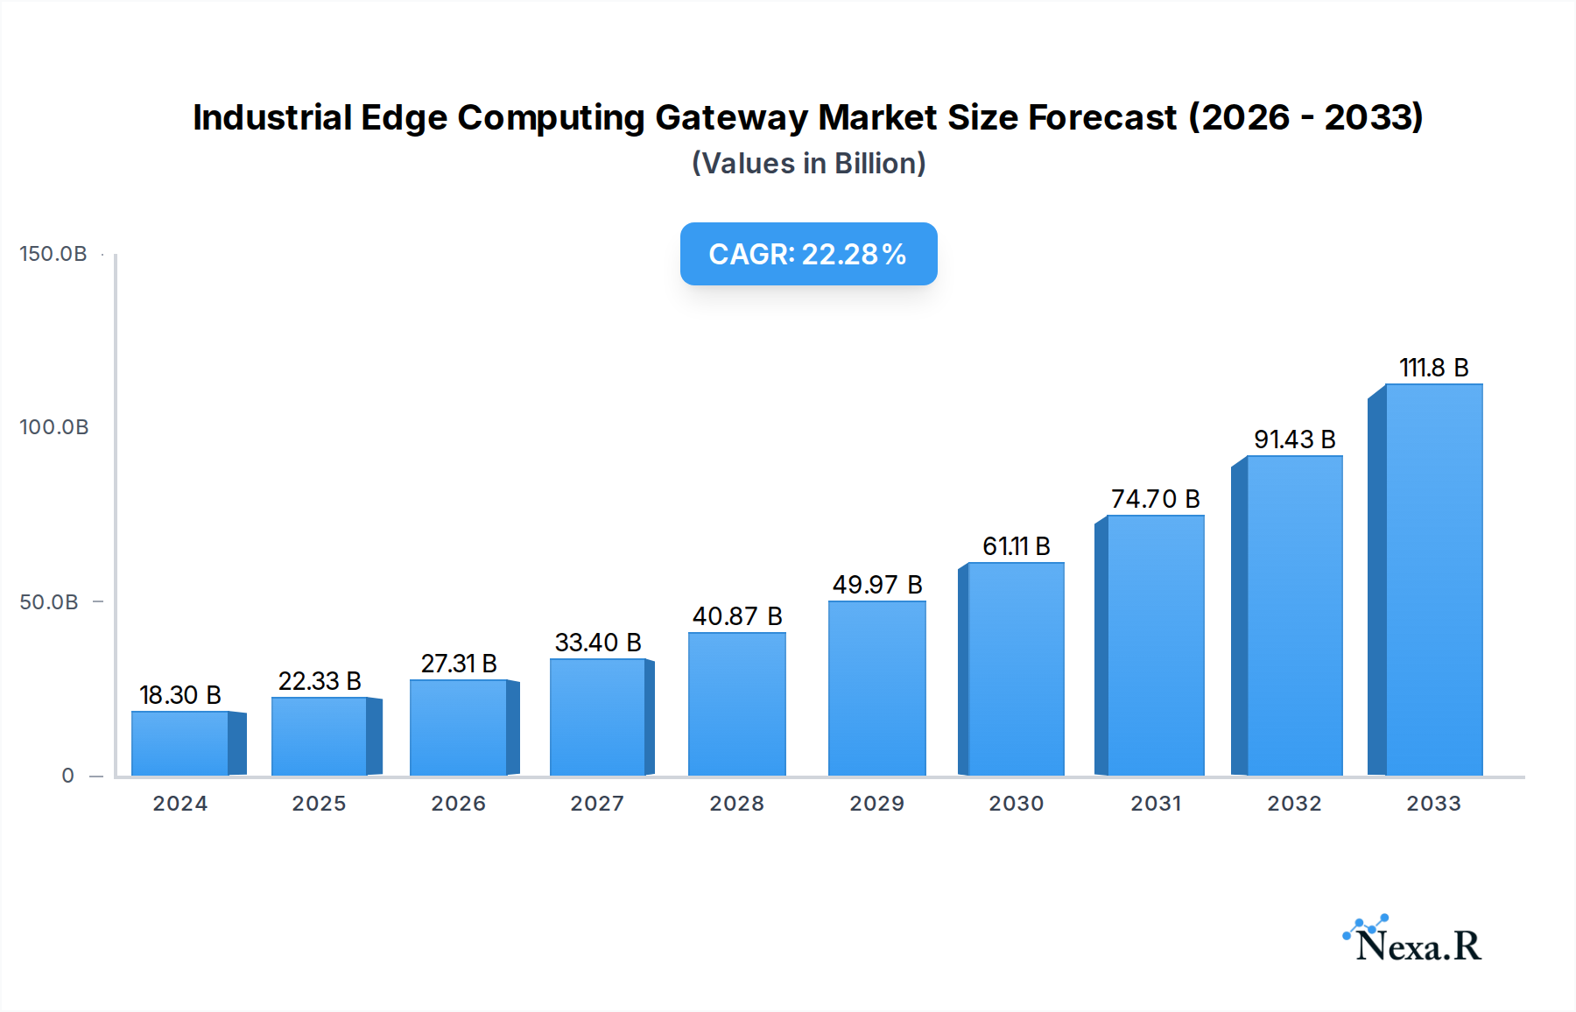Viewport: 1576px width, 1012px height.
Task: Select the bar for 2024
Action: (180, 743)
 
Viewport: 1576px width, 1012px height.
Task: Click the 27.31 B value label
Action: (459, 664)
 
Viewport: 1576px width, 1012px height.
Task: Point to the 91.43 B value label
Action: (1294, 439)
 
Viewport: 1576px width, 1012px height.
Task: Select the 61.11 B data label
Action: (1016, 546)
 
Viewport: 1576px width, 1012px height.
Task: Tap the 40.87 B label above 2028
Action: (737, 616)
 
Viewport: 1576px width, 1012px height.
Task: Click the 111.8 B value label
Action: (1433, 368)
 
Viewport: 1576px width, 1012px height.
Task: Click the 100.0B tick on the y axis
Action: (54, 427)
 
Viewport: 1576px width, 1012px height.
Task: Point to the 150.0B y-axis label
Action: (53, 254)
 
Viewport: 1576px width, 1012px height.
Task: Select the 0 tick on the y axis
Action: (68, 776)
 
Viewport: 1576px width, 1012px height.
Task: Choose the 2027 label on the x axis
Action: (597, 804)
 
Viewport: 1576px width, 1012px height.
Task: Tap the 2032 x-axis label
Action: (1294, 804)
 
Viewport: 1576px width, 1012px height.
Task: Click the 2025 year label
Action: (319, 804)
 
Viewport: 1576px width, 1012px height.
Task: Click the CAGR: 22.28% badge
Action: (808, 254)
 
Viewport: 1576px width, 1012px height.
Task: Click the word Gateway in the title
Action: (731, 117)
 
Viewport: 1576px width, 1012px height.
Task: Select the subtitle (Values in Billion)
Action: (808, 164)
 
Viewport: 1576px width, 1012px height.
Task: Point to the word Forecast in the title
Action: (1102, 117)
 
